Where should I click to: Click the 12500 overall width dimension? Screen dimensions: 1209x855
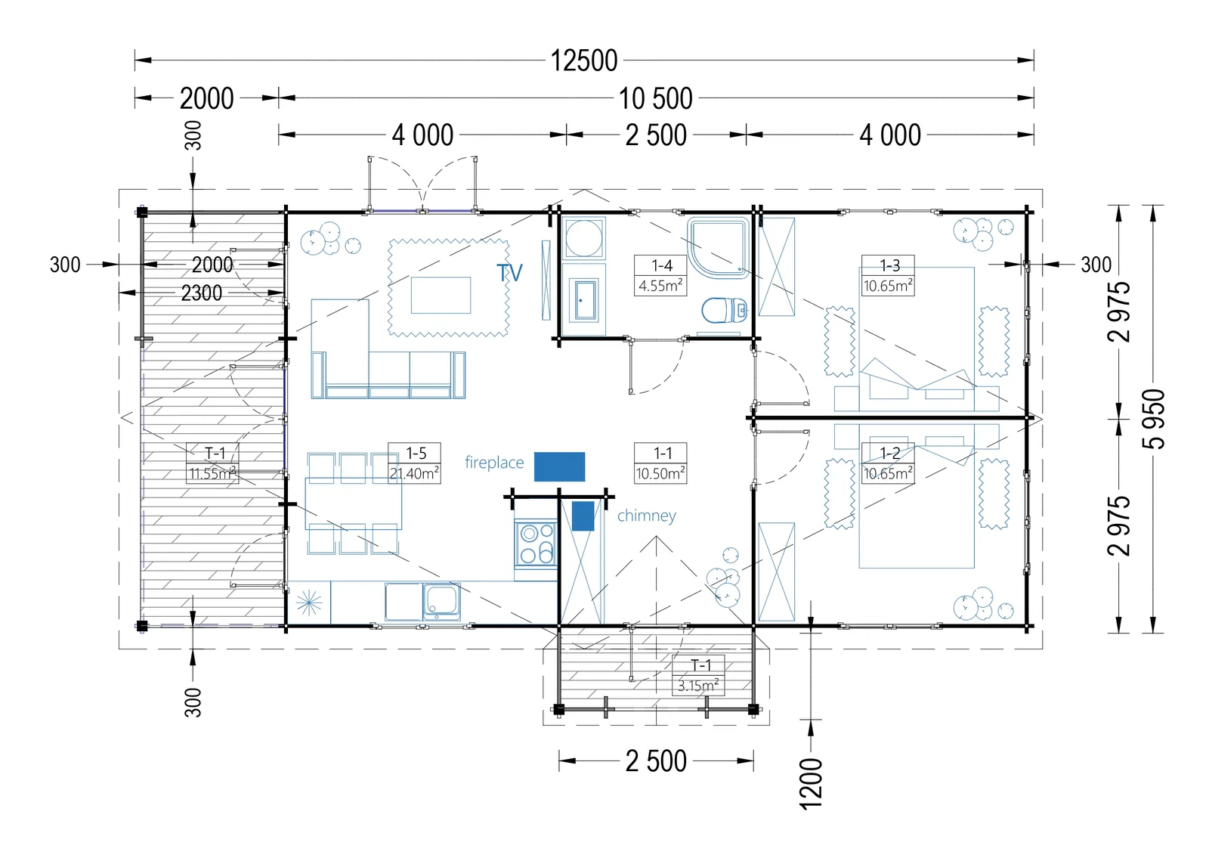tap(584, 60)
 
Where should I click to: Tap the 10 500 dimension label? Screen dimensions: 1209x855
tap(655, 98)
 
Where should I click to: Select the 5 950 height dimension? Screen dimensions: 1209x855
tap(1153, 419)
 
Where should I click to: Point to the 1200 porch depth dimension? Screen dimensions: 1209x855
tap(810, 783)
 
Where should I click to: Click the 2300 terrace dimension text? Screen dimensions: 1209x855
tap(201, 293)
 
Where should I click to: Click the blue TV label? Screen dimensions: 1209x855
tap(509, 273)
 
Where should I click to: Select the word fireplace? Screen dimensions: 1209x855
tap(494, 463)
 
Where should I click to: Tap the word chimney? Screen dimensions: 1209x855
tap(647, 516)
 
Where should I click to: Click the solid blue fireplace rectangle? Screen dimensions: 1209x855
tap(560, 466)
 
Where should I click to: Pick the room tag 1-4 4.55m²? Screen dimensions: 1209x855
tap(660, 275)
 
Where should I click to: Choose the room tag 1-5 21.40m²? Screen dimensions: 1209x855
tap(415, 463)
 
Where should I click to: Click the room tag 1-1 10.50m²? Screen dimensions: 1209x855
tap(660, 463)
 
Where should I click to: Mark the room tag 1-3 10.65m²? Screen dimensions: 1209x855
tap(889, 275)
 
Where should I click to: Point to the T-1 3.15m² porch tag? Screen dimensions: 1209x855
tap(698, 675)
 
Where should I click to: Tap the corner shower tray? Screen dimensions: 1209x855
tap(719, 248)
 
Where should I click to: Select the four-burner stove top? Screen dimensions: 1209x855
tap(536, 543)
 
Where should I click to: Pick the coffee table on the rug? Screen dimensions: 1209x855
tap(441, 295)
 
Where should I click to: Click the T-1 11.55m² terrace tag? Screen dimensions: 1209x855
tap(212, 463)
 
